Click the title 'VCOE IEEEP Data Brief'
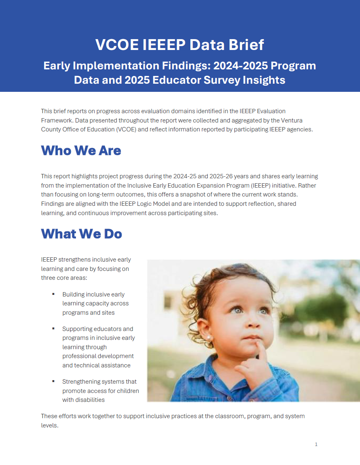click(180, 45)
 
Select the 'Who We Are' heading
click(81, 150)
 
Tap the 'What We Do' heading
click(81, 234)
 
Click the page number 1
click(316, 444)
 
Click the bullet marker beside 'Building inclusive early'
click(53, 294)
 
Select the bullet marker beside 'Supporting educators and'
click(53, 329)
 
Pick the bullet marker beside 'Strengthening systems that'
click(53, 381)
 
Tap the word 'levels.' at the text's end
click(50, 425)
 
